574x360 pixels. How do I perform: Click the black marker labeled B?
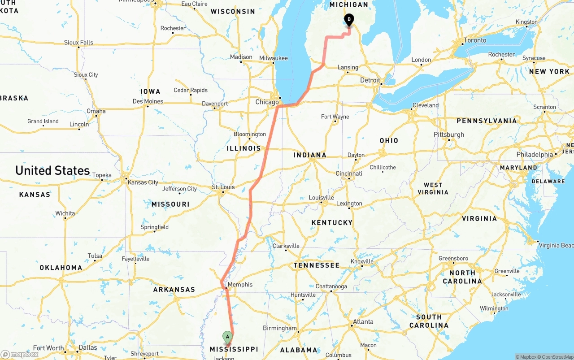tap(348, 20)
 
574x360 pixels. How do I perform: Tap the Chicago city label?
tap(267, 102)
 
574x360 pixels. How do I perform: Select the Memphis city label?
tap(240, 285)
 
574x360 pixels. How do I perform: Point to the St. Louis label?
tap(223, 187)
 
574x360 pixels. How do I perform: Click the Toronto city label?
tap(475, 40)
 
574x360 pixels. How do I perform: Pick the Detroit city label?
tap(370, 80)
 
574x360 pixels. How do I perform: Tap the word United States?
tap(52, 171)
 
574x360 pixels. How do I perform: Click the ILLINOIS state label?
tap(244, 148)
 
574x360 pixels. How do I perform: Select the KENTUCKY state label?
tap(332, 223)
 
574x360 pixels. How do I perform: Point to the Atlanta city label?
tap(363, 322)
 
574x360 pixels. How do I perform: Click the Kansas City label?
tap(143, 182)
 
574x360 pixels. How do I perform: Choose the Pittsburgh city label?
tap(449, 134)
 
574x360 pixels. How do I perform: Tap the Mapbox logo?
tap(20, 354)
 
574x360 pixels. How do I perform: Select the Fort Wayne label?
tap(335, 117)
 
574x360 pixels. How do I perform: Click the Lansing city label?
tap(348, 68)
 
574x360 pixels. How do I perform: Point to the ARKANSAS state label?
tap(174, 290)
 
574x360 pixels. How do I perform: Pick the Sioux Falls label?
tap(78, 43)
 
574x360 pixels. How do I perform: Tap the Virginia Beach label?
tap(556, 246)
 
